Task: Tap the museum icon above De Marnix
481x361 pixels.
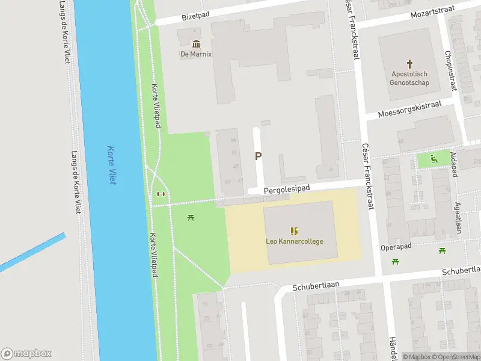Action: [196, 44]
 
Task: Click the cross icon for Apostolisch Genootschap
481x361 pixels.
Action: [411, 63]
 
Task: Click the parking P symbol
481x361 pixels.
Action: [259, 156]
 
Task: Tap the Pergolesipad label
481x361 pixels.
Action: [287, 189]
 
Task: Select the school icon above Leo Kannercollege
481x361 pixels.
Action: [294, 231]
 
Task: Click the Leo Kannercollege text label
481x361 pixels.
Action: [295, 242]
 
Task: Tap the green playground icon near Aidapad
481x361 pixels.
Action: [434, 159]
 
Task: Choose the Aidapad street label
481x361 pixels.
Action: [454, 164]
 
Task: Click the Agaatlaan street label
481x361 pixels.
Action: [458, 217]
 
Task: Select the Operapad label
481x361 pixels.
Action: [396, 247]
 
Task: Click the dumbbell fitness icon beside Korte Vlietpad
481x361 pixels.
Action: [160, 194]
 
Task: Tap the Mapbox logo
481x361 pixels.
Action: [26, 354]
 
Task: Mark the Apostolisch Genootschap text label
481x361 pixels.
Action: [411, 78]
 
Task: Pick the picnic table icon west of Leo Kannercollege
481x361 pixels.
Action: [191, 217]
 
